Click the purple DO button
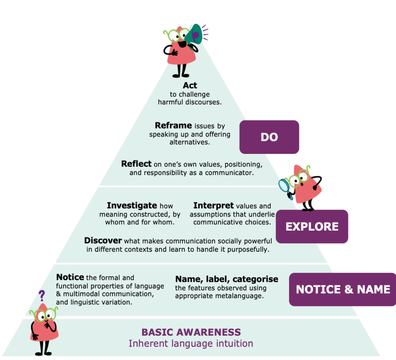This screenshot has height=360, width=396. pos(269,137)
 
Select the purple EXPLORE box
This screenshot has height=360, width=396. pos(312,226)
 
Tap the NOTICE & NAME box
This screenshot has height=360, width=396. pos(343,289)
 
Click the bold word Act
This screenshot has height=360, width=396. pos(190,85)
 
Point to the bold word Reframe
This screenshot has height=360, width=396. pos(173,126)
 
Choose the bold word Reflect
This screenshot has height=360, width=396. pos(137,164)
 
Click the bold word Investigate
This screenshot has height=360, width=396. pos(132,206)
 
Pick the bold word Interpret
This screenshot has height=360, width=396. pos(213,206)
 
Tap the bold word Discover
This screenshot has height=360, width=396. pos(103,240)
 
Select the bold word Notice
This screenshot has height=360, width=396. pos(70,277)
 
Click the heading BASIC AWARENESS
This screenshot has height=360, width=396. pos(191,332)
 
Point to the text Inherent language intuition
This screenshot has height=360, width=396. pos(191,344)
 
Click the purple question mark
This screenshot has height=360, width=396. pos(41,296)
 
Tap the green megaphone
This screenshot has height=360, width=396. pos(194,35)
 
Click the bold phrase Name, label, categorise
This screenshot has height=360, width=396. pos(227,279)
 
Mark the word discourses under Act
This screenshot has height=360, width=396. pos(203,102)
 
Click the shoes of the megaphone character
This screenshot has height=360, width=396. pos(180,75)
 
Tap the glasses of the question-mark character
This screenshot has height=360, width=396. pos(44,314)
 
